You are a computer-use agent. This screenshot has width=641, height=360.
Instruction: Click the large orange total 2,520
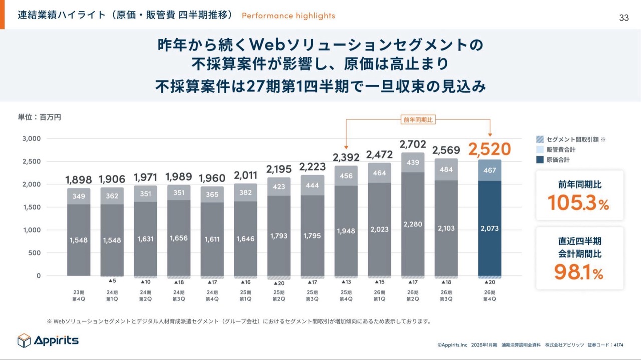(489, 149)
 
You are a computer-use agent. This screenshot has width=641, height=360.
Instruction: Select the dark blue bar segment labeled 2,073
(490, 229)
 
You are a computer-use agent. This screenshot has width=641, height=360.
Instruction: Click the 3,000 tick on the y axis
(32, 139)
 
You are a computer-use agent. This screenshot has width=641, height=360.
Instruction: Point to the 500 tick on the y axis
(34, 253)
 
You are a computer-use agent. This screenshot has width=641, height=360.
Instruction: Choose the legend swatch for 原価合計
(540, 160)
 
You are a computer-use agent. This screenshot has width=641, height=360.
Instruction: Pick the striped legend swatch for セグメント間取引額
(540, 139)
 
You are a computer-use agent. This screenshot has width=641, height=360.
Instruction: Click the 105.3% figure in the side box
(578, 203)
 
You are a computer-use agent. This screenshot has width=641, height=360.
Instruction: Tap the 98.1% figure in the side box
(578, 273)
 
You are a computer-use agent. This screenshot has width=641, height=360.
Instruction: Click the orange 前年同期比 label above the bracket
(418, 120)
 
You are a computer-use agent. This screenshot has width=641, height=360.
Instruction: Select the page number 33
(624, 18)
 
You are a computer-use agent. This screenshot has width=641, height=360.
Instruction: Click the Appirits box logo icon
(24, 340)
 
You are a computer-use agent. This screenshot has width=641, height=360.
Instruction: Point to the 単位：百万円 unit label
(40, 117)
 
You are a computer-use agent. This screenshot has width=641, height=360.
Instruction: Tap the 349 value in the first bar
(79, 196)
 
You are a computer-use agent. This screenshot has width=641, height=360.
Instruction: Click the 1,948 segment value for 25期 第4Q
(346, 231)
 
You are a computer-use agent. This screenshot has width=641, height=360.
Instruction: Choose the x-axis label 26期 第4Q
(490, 295)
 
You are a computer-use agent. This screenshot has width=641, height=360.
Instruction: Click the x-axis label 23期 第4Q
(79, 295)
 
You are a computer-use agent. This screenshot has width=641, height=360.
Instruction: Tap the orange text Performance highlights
(288, 16)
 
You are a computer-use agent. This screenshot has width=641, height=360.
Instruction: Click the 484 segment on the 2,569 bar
(446, 170)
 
